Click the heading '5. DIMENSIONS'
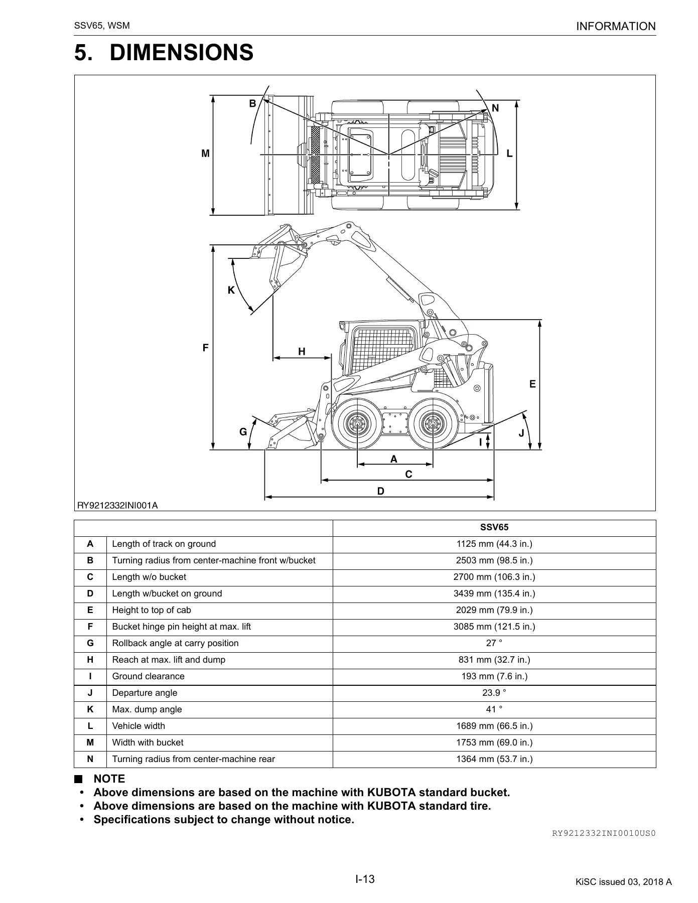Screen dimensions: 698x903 tap(164, 53)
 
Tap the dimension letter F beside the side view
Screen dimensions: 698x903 tap(205, 348)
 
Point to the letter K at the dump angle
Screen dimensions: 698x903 tap(231, 290)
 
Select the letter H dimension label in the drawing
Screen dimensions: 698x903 tap(302, 352)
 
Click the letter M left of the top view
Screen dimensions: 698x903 tap(205, 154)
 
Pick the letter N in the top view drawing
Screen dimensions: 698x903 tap(495, 108)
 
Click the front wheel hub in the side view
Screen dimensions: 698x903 tap(357, 424)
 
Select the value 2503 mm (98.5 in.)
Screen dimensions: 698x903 tap(494, 560)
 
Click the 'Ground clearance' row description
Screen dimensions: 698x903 tap(148, 676)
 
